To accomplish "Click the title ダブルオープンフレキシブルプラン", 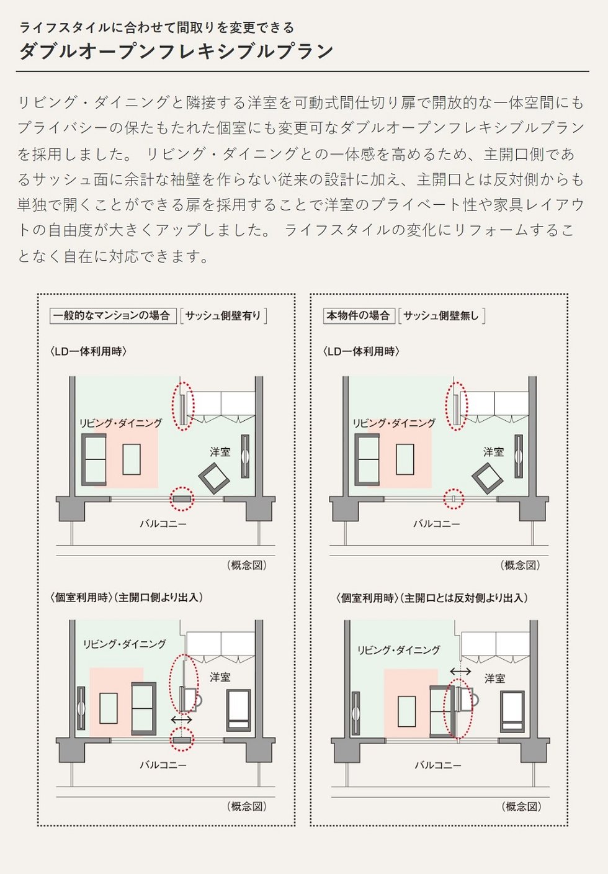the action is (176, 51).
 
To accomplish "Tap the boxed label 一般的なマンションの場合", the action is (113, 315).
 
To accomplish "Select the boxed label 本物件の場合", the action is (359, 315).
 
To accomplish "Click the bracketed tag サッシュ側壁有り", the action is (223, 315).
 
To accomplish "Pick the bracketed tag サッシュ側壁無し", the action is (442, 315).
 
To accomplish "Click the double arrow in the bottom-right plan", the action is (460, 671).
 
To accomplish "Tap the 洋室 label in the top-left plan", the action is (220, 452).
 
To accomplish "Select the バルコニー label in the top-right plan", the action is (436, 523).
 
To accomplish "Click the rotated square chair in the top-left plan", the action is (213, 479).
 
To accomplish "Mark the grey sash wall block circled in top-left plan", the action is (182, 499).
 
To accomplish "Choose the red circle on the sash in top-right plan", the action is (454, 498).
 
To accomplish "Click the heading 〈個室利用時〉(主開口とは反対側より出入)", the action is (432, 598).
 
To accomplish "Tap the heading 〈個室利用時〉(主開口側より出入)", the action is (127, 597).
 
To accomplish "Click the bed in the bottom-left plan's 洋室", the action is (239, 710).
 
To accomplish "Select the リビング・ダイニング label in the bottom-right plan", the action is (398, 650).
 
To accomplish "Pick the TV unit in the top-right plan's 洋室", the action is (518, 456).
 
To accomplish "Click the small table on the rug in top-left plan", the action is (132, 459).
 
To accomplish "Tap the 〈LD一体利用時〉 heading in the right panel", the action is (361, 351).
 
